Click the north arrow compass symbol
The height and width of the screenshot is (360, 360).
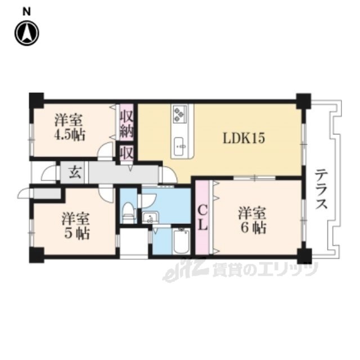point(27,33)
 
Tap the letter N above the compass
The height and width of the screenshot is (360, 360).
point(26,12)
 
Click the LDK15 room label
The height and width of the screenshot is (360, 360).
point(244,138)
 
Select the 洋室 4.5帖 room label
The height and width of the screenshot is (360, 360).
point(70,128)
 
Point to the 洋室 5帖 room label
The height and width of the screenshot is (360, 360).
point(76,226)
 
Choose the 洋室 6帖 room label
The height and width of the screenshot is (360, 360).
point(252,220)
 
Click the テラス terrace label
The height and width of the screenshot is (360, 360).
point(321,189)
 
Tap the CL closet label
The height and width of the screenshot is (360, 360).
point(203,218)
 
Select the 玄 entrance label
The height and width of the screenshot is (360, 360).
point(75,173)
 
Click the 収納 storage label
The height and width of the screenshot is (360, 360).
point(127,125)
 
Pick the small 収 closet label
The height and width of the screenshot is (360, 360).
point(127,153)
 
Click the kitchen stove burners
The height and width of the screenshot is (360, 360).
point(179,114)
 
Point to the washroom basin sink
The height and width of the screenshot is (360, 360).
point(150,218)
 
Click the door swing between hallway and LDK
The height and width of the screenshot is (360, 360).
point(169,173)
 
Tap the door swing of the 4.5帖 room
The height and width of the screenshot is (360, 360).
point(106,150)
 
